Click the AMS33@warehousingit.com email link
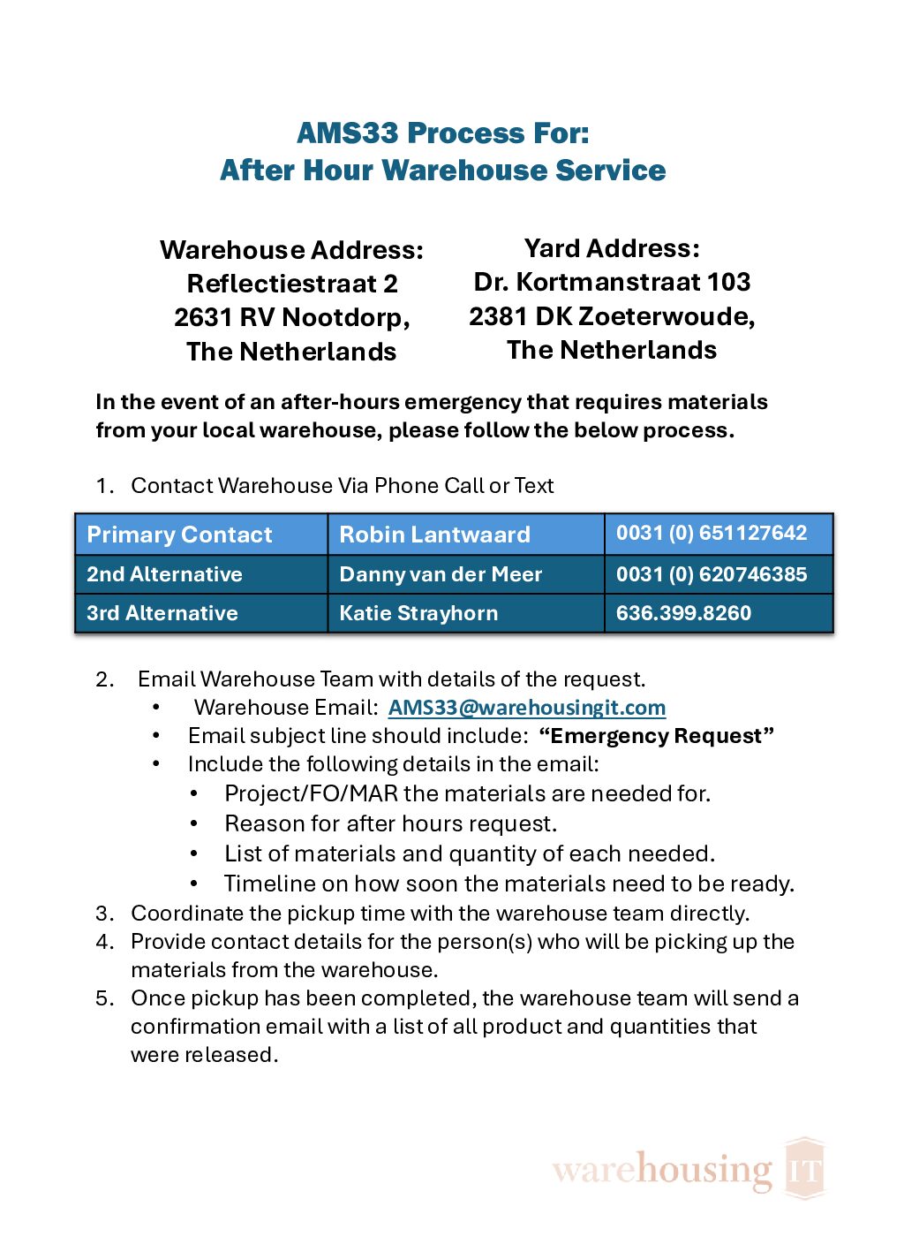[527, 708]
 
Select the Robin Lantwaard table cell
[434, 535]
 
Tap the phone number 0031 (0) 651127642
[711, 533]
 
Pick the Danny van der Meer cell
[441, 574]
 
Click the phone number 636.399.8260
[683, 613]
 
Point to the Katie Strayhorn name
[418, 613]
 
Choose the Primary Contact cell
[179, 535]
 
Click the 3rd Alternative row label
[162, 613]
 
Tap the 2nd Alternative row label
[164, 574]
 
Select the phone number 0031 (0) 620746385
[711, 574]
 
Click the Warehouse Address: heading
[291, 250]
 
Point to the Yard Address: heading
[612, 248]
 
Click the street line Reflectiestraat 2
[292, 284]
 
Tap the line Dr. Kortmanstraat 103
[612, 282]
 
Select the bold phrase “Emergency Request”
[656, 736]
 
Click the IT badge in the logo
[804, 1168]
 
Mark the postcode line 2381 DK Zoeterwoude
[612, 316]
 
